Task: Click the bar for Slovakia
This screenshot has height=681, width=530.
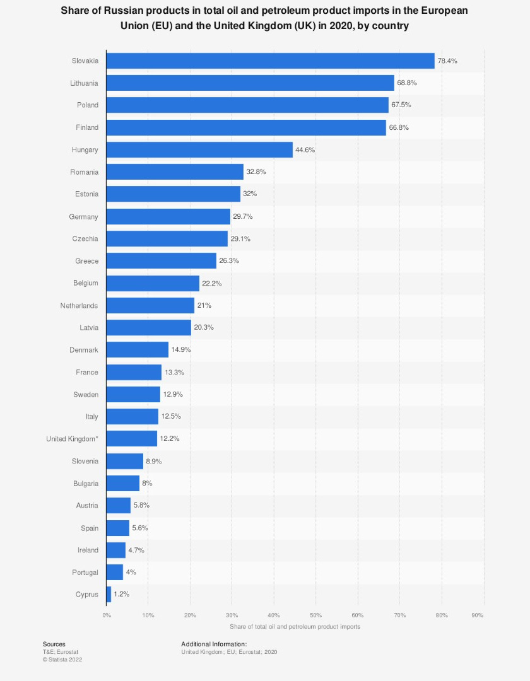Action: coord(270,61)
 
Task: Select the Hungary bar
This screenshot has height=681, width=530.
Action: coord(199,149)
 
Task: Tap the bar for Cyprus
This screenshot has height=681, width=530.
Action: coord(109,594)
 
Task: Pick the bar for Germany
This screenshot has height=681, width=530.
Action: coord(168,216)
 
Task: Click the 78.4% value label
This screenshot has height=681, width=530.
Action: coord(447,61)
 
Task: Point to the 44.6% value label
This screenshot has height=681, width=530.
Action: coord(305,149)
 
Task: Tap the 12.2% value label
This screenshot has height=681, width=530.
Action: coord(169,438)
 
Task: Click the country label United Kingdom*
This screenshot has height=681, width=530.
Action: coord(72,438)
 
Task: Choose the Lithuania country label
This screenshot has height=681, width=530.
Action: coord(85,83)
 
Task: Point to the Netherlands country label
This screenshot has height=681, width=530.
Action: coord(79,305)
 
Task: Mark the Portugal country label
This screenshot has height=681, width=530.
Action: coord(85,572)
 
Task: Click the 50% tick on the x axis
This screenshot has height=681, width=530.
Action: coord(315,615)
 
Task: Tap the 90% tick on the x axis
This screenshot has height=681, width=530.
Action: coord(478,615)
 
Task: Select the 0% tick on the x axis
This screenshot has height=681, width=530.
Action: coord(107,615)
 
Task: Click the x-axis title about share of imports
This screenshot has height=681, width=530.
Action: coord(295,627)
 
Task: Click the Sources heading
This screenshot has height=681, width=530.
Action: coord(54,644)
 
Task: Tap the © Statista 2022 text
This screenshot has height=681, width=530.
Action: coord(62,659)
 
